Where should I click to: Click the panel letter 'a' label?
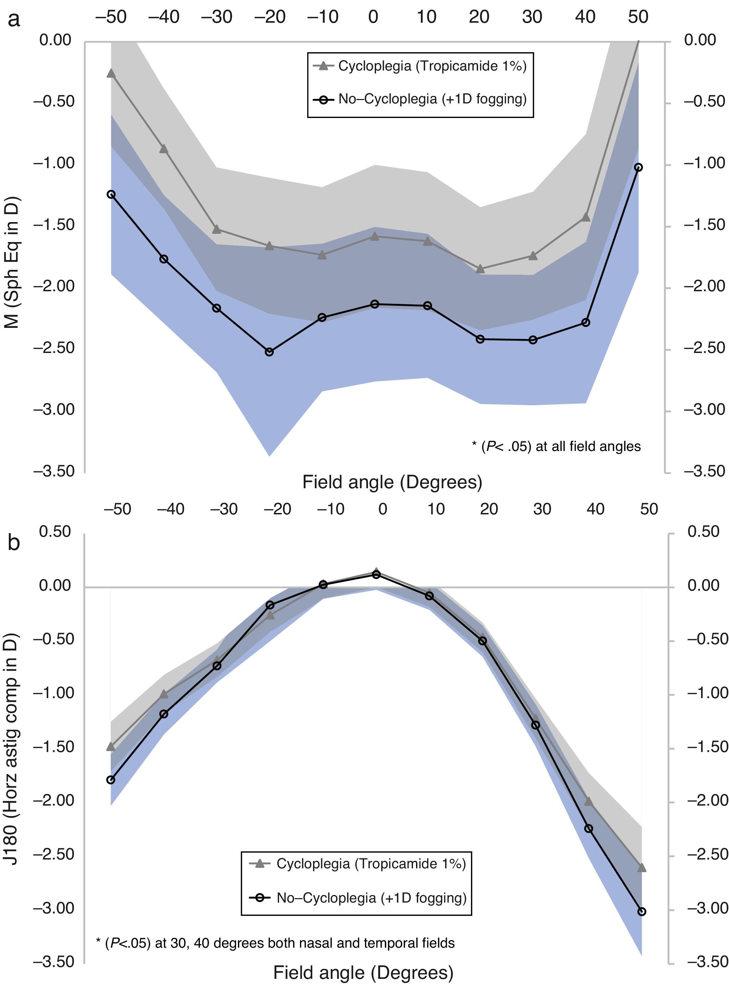coord(14,20)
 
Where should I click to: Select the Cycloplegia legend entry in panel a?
coord(420,66)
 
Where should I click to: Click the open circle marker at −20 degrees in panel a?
coord(269,352)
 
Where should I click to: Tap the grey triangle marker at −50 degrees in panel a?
coord(111,73)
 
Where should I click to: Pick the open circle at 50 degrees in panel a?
coord(638,167)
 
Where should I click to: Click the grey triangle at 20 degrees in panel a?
coord(480,269)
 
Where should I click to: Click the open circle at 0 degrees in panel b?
coord(376,575)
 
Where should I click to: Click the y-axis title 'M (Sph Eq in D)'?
coord(13,262)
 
